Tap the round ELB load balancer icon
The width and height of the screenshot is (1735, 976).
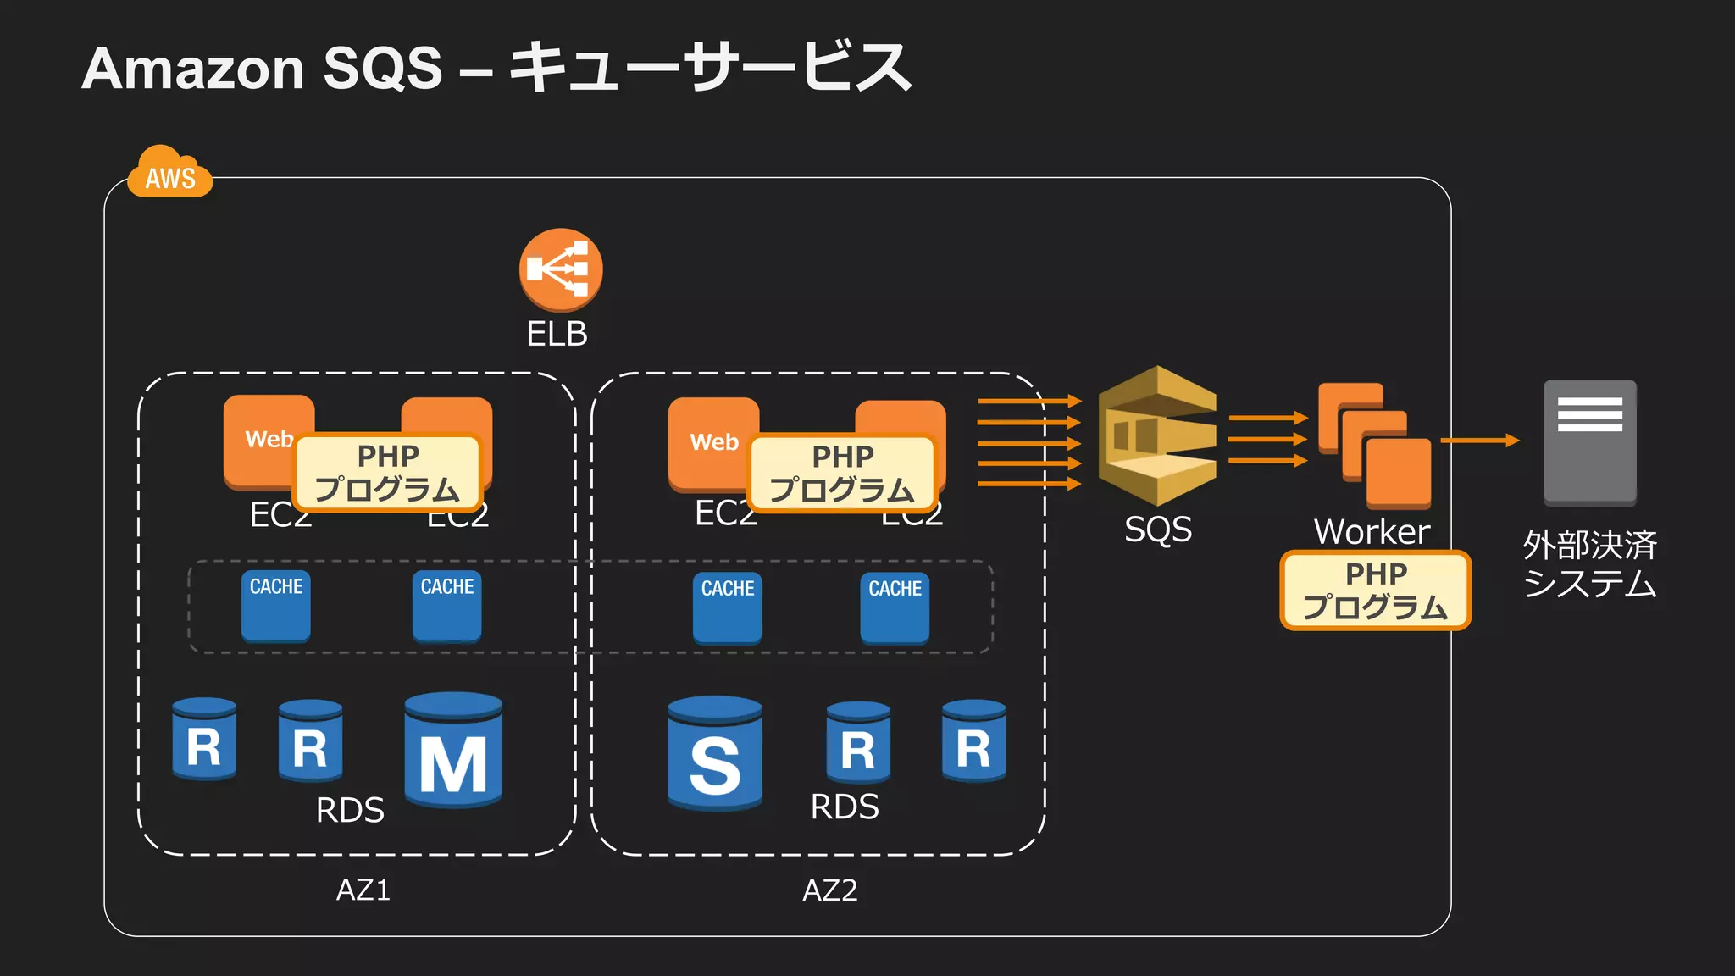coord(560,269)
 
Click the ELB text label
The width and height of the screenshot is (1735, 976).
coord(557,334)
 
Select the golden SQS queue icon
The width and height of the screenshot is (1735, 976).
coord(1156,436)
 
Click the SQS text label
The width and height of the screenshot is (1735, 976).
coord(1157,530)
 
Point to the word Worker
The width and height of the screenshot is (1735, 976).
coord(1372,532)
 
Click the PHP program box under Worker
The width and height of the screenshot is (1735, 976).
coord(1375,591)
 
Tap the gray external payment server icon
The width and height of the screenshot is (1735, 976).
coord(1589,442)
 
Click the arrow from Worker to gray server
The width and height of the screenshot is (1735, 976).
coord(1479,441)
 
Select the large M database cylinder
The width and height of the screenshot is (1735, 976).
coord(453,750)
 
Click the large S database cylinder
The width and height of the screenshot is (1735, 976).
coord(714,753)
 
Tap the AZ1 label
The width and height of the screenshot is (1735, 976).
coord(363,890)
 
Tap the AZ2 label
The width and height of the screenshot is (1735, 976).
coord(830,890)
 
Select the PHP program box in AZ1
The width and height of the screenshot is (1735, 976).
coord(387,473)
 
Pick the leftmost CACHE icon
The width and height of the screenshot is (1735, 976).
coord(275,606)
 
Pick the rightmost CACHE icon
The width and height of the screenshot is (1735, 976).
coord(895,607)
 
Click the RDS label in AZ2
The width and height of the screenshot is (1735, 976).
coord(844,807)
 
